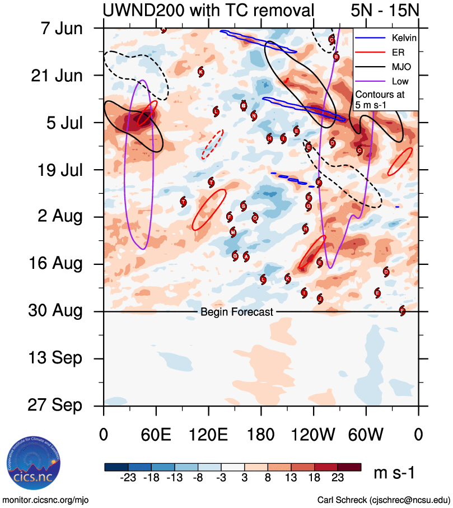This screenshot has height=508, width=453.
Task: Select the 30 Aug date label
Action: coord(55,311)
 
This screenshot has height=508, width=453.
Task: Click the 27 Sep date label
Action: coord(54,405)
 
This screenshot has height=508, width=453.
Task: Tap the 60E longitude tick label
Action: coord(156,436)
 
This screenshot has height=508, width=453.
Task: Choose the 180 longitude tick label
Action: coord(261,436)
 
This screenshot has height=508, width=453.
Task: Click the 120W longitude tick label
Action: coord(314,436)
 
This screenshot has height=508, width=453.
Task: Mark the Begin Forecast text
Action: coord(237,312)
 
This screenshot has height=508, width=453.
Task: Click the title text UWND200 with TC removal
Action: coord(208,10)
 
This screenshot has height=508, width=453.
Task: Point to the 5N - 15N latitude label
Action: coord(384,10)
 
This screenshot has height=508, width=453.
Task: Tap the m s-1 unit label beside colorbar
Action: coord(394,473)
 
